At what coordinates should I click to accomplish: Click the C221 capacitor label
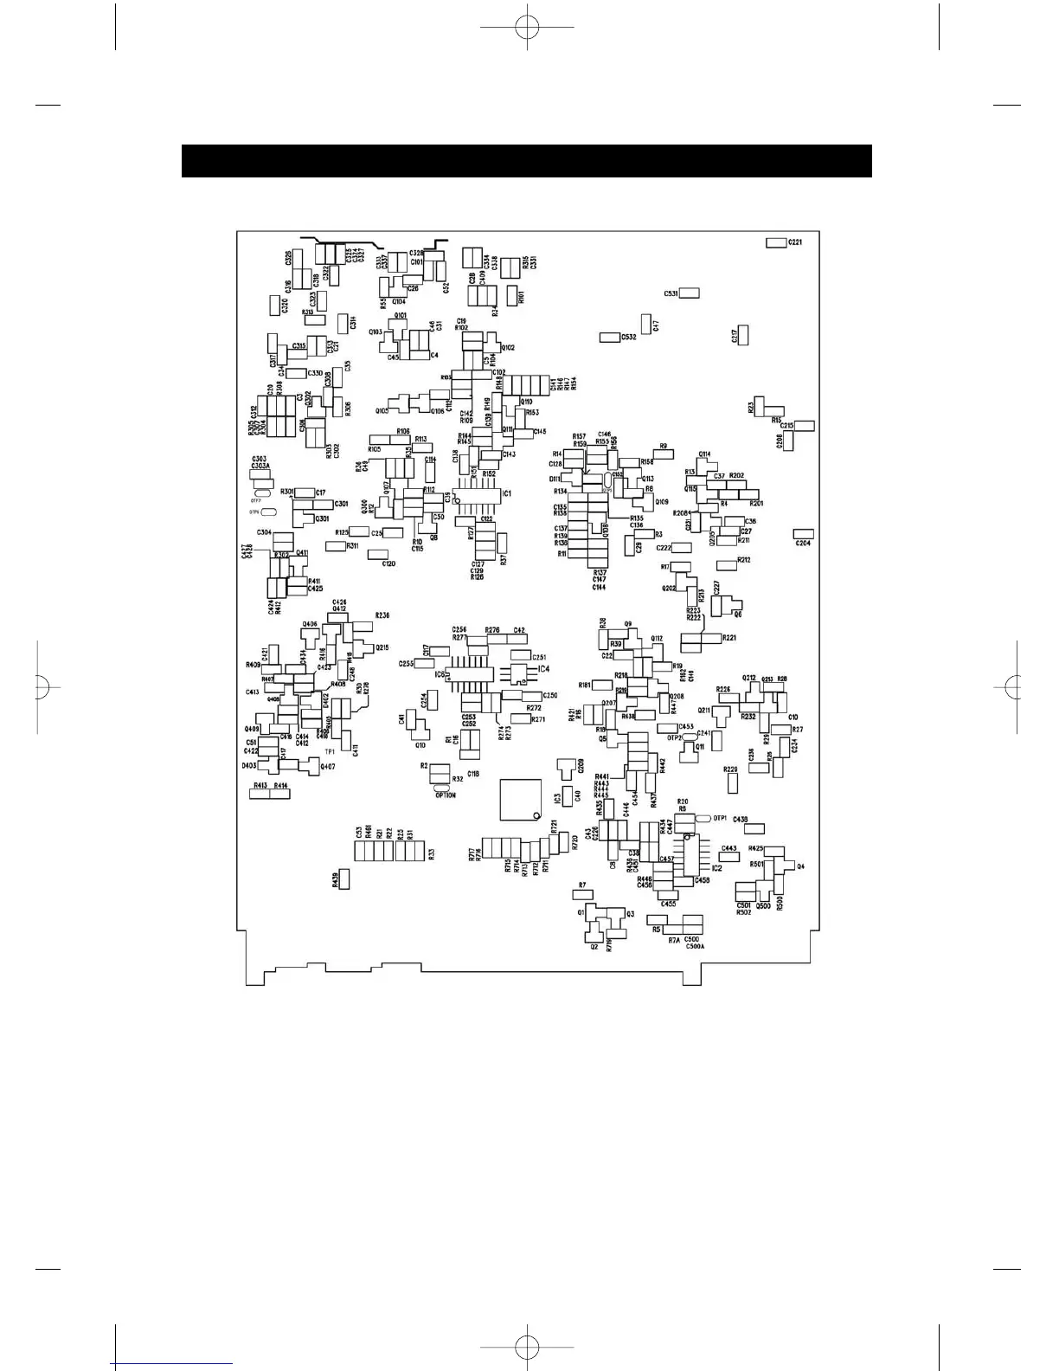point(794,242)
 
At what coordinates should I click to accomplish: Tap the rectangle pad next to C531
point(689,293)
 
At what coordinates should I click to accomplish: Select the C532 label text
point(628,337)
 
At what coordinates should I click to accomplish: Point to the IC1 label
point(506,493)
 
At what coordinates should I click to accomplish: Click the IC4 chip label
point(543,669)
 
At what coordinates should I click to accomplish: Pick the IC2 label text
point(716,867)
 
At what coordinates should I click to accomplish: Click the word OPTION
point(446,795)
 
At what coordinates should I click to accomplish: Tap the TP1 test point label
point(330,751)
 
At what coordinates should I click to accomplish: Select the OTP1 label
point(721,818)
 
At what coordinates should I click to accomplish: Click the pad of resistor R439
point(343,880)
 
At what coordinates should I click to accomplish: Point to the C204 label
point(803,544)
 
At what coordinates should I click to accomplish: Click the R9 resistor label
point(664,447)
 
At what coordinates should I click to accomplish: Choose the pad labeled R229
point(733,783)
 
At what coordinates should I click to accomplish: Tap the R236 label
point(382,615)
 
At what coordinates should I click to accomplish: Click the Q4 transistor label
point(800,866)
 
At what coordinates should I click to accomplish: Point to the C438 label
point(741,819)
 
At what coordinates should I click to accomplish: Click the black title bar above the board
point(526,161)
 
